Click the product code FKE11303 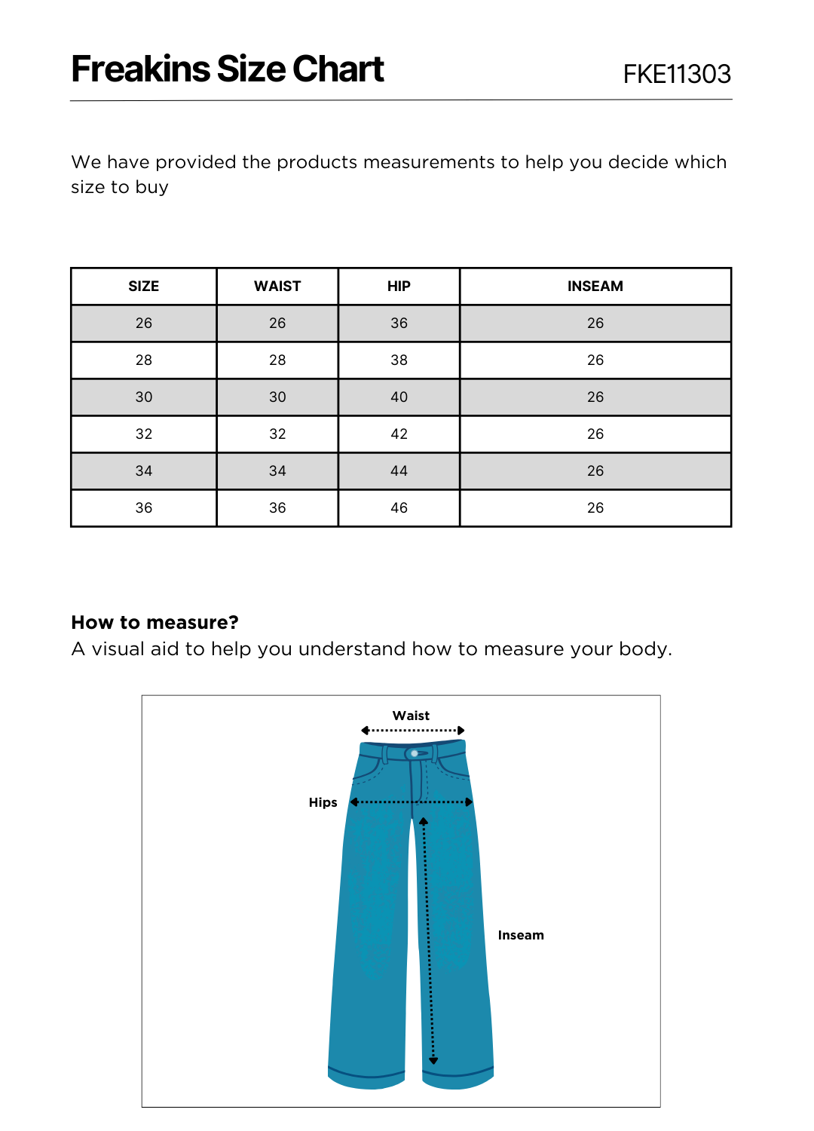(x=677, y=74)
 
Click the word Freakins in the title (x=140, y=69)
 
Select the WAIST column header (x=277, y=287)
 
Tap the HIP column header (x=399, y=287)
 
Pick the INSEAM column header (x=595, y=287)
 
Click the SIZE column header (x=144, y=287)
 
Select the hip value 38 (x=399, y=360)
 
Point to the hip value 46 (x=399, y=508)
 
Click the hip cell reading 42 (x=399, y=434)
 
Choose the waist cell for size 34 (x=277, y=471)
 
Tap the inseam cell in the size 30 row (x=595, y=397)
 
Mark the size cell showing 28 (x=144, y=360)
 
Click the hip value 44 (x=399, y=471)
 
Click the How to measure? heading (x=155, y=623)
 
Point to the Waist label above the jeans (x=411, y=716)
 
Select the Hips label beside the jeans (x=323, y=802)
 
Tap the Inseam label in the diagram (x=521, y=935)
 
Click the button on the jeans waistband (x=415, y=753)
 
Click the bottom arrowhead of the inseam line (x=433, y=1061)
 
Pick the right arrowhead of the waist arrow (x=461, y=730)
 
